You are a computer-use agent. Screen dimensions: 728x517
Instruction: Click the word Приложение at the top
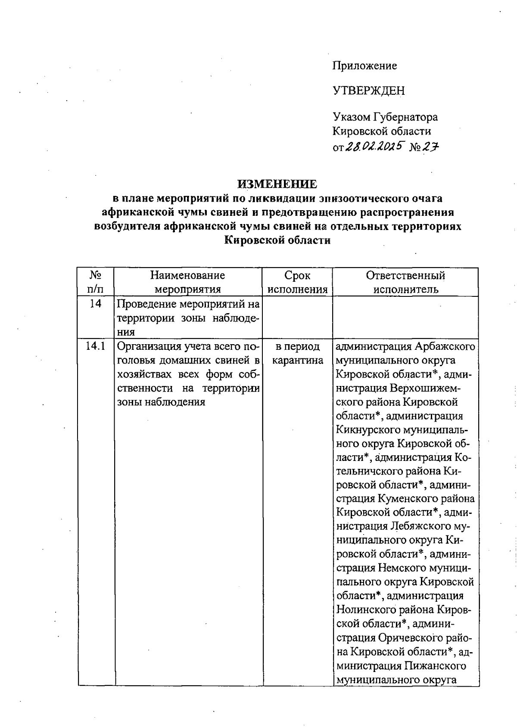pyautogui.click(x=364, y=66)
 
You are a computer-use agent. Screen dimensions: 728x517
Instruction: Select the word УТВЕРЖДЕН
pyautogui.click(x=368, y=91)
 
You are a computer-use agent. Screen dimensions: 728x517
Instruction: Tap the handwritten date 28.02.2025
pyautogui.click(x=374, y=147)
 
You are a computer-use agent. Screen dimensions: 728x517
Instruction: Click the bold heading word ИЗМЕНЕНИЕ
pyautogui.click(x=277, y=184)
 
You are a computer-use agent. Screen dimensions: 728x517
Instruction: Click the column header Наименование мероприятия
pyautogui.click(x=187, y=282)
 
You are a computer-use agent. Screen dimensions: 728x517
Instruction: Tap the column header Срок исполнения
pyautogui.click(x=297, y=282)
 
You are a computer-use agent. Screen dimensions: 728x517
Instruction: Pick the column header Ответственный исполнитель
pyautogui.click(x=405, y=282)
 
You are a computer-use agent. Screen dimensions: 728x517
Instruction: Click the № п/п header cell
pyautogui.click(x=96, y=282)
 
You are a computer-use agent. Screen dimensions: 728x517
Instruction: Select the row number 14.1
pyautogui.click(x=96, y=346)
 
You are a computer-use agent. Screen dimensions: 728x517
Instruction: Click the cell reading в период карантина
pyautogui.click(x=297, y=353)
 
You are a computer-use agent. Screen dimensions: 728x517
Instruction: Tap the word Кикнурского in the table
pyautogui.click(x=367, y=430)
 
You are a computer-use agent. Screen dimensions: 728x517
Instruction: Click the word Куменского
pyautogui.click(x=410, y=499)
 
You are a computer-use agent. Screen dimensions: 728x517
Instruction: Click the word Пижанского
pyautogui.click(x=436, y=666)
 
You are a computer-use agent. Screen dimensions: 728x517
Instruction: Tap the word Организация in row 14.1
pyautogui.click(x=149, y=346)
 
